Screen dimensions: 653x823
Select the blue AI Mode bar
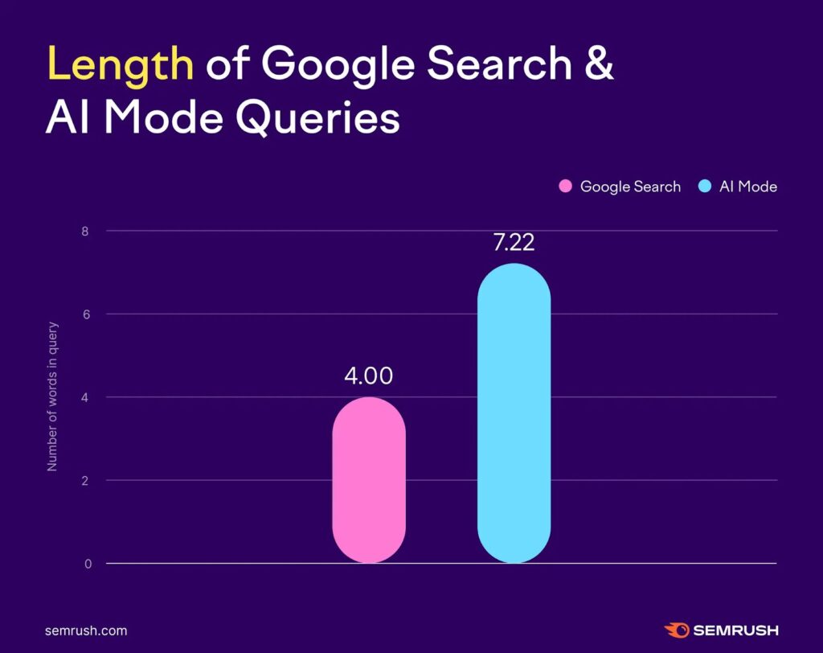tap(514, 413)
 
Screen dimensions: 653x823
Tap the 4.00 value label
tap(369, 376)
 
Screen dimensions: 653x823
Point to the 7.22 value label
tap(514, 241)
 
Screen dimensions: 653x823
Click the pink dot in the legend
tap(565, 187)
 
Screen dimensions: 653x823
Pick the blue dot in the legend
tap(705, 187)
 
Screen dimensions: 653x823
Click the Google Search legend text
tap(630, 187)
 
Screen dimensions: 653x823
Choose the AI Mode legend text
tap(748, 187)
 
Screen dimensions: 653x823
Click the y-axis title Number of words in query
tap(52, 397)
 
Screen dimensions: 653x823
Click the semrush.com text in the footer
tap(86, 631)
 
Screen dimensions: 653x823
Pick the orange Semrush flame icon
tap(676, 630)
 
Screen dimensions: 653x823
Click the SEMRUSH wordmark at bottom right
tap(735, 631)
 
